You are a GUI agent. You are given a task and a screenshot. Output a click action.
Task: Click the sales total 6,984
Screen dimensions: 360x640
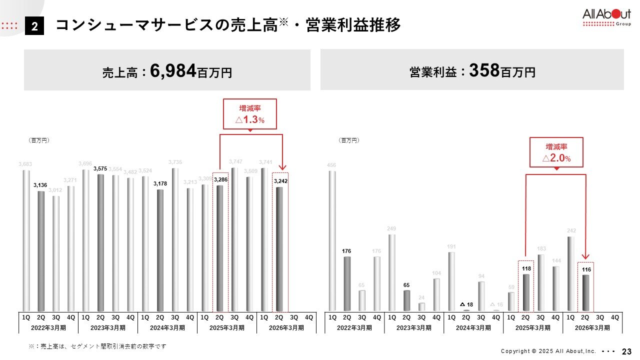pos(172,71)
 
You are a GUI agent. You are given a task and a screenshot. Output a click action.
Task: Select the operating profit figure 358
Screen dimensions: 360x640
pos(484,71)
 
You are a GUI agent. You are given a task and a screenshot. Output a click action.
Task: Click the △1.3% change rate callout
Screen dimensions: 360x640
pos(250,114)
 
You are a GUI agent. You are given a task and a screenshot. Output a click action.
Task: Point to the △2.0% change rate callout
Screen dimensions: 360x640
pos(556,152)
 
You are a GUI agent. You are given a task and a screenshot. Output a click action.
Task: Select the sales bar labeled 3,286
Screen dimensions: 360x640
pos(220,248)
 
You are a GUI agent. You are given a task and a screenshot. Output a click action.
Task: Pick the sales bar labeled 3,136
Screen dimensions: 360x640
pos(41,251)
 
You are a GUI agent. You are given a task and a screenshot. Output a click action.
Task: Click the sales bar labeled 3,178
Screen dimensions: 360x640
pos(160,250)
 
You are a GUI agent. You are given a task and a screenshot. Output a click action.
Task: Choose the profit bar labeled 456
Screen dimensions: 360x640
pos(332,241)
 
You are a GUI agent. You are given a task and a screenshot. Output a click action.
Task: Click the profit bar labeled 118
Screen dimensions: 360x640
pos(526,292)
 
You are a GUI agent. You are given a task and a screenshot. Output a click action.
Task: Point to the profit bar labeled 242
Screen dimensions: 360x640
pos(570,273)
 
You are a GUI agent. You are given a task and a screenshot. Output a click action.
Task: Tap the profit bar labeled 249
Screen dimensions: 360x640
pos(392,272)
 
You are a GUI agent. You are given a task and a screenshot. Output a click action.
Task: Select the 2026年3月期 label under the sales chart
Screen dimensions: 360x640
pos(286,328)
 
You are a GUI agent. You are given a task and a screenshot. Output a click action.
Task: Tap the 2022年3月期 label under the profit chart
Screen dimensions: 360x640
pos(354,328)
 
